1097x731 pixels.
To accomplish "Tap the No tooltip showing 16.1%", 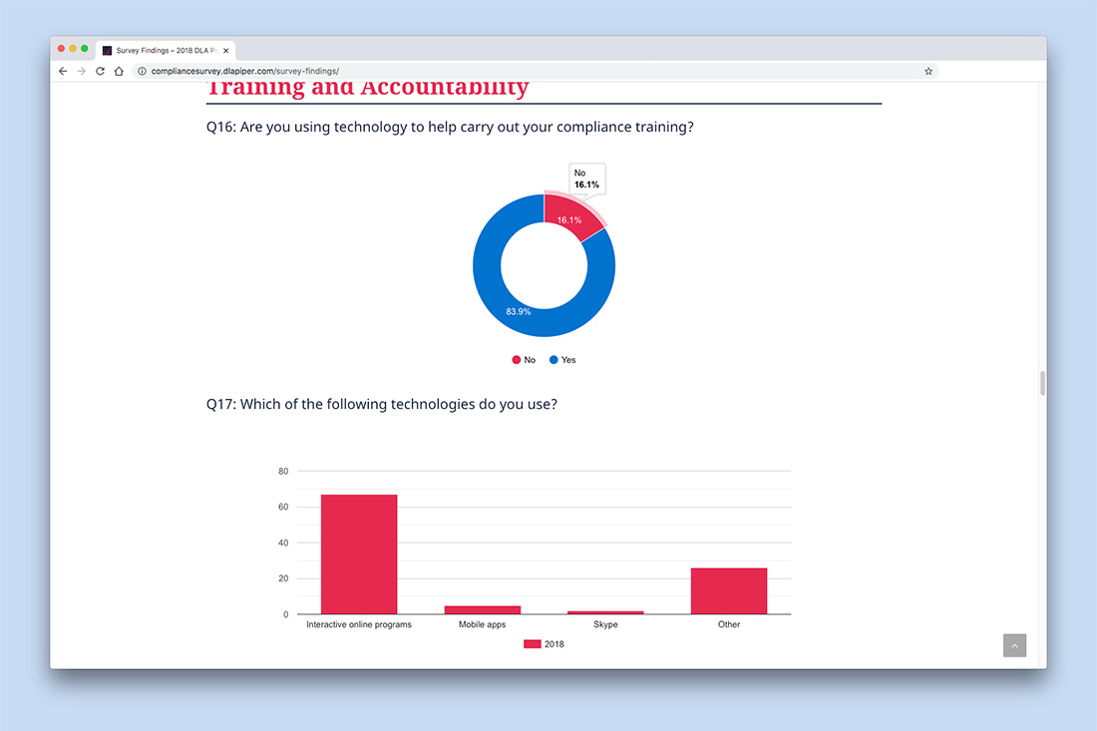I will pyautogui.click(x=586, y=179).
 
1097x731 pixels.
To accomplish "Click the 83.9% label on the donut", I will pyautogui.click(x=518, y=311).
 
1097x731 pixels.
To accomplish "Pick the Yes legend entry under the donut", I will pyautogui.click(x=562, y=360).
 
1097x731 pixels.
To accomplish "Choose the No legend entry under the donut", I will pyautogui.click(x=524, y=360).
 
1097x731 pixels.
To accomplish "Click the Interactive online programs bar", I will pyautogui.click(x=359, y=554).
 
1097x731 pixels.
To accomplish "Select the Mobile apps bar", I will pyautogui.click(x=483, y=609).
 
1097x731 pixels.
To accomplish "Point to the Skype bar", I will pyautogui.click(x=605, y=612).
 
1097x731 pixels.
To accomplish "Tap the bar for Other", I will pyautogui.click(x=729, y=591).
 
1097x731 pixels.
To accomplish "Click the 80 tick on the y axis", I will pyautogui.click(x=283, y=471).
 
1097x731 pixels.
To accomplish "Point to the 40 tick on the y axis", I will pyautogui.click(x=283, y=543).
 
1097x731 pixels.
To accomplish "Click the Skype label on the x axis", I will pyautogui.click(x=605, y=625).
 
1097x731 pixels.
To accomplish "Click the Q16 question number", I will pyautogui.click(x=220, y=127).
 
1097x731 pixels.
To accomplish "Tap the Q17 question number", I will pyautogui.click(x=220, y=404).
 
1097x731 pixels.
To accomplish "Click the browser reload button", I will pyautogui.click(x=100, y=71).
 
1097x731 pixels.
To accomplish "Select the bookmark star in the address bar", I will pyautogui.click(x=928, y=71).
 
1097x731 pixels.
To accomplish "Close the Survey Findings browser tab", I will pyautogui.click(x=226, y=50).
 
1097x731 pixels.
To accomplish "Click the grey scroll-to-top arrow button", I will pyautogui.click(x=1014, y=645).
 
